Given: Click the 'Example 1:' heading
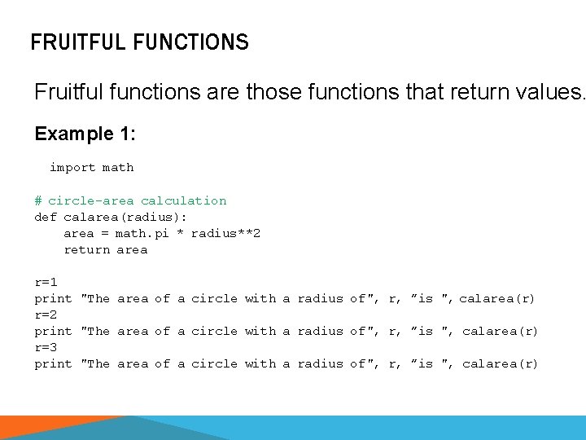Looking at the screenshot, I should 85,133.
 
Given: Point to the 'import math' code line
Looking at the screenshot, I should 91,168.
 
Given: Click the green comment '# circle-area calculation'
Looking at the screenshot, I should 130,200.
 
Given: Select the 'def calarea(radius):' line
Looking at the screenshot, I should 111,217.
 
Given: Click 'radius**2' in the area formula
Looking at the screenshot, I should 225,233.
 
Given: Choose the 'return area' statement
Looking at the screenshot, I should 106,249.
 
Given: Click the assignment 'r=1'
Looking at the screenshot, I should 46,282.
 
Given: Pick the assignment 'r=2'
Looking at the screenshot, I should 46,315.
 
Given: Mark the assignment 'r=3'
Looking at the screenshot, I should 46,347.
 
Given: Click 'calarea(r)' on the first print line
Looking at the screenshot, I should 497,298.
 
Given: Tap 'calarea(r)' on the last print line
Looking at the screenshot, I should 500,363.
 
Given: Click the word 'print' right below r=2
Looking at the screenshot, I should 53,331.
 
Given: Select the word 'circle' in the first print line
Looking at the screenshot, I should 214,298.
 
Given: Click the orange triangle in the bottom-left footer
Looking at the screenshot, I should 57,429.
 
